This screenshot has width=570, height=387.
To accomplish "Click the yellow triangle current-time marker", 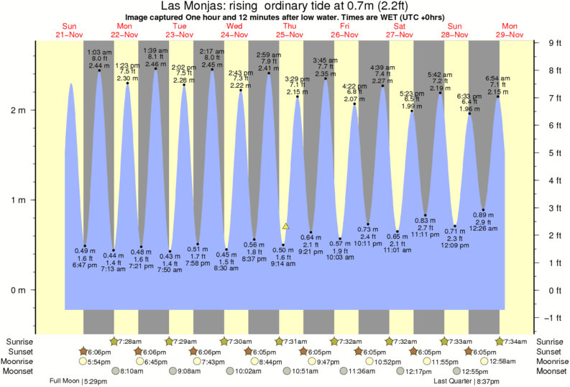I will pyautogui.click(x=286, y=226).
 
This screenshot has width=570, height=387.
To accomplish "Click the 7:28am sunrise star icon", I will pyautogui.click(x=114, y=341).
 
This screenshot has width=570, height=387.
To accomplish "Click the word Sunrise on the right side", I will pyautogui.click(x=551, y=341).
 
